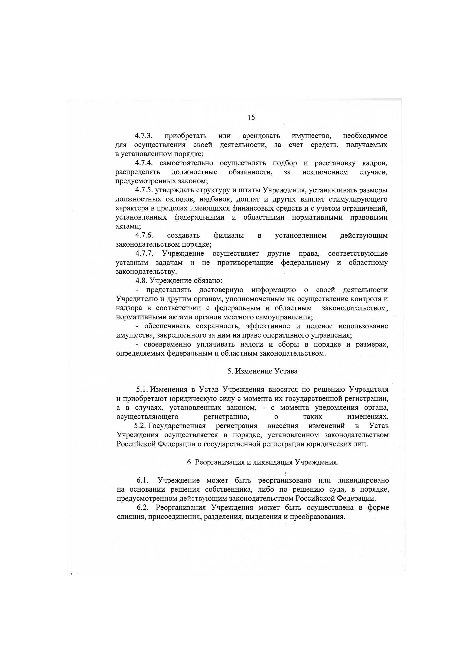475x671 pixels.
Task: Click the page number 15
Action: coord(251,117)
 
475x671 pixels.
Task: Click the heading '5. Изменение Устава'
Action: coord(262,371)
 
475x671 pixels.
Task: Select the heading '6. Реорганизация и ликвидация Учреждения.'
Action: coord(262,462)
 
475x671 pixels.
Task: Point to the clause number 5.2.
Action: coord(141,426)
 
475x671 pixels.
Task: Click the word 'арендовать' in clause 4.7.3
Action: coord(261,136)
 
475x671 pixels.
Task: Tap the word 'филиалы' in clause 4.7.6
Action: coord(229,236)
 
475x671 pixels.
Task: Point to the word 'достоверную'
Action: coord(221,290)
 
